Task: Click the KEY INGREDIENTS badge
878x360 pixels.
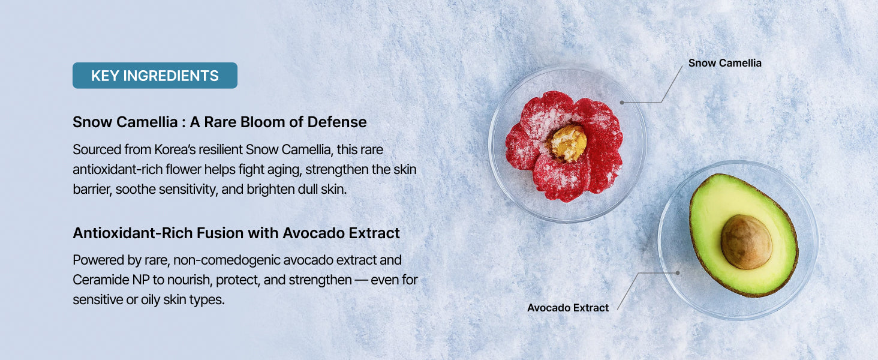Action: coord(155,75)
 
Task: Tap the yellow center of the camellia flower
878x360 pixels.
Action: coord(569,143)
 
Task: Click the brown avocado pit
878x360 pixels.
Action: coord(746,242)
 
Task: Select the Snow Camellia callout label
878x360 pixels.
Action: coord(724,63)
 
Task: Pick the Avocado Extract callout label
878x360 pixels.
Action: coord(568,308)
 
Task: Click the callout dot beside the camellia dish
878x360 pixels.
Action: coord(622,103)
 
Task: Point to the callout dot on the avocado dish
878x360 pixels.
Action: coord(678,273)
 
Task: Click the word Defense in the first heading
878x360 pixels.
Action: coord(337,122)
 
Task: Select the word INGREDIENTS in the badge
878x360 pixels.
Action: coord(171,76)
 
